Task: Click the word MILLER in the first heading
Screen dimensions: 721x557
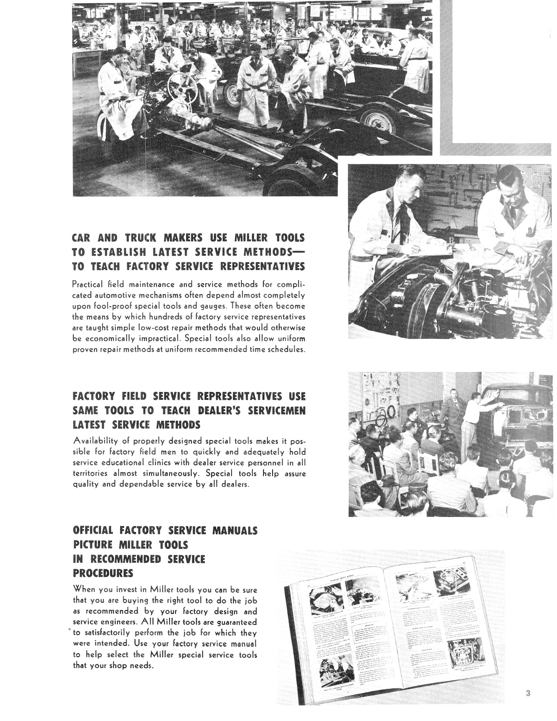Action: click(253, 238)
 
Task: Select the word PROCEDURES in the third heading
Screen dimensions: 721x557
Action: click(103, 573)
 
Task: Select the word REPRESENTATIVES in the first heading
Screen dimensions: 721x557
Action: click(263, 267)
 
